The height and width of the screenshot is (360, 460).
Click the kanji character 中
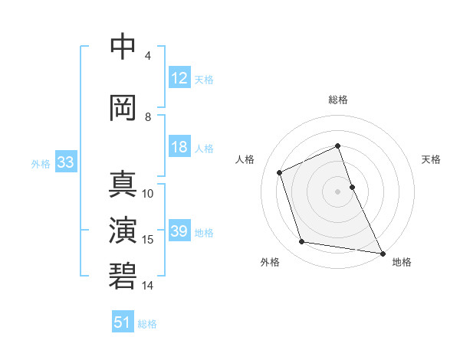(123, 47)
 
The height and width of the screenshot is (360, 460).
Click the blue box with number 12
(179, 77)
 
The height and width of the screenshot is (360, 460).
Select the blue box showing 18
(179, 147)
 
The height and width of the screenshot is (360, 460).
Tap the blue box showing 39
(179, 231)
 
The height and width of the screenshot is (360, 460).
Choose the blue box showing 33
(65, 162)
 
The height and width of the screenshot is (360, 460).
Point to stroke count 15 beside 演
(148, 240)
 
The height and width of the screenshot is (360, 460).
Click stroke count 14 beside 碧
(148, 286)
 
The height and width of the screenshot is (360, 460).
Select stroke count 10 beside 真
(148, 194)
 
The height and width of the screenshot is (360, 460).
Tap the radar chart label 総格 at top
(338, 100)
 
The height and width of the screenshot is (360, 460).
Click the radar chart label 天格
(431, 159)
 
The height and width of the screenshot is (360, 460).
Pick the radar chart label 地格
(402, 262)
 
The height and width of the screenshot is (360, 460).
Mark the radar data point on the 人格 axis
(280, 172)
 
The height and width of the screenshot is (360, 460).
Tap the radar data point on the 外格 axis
(302, 242)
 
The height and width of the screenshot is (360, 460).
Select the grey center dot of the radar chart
(338, 191)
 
